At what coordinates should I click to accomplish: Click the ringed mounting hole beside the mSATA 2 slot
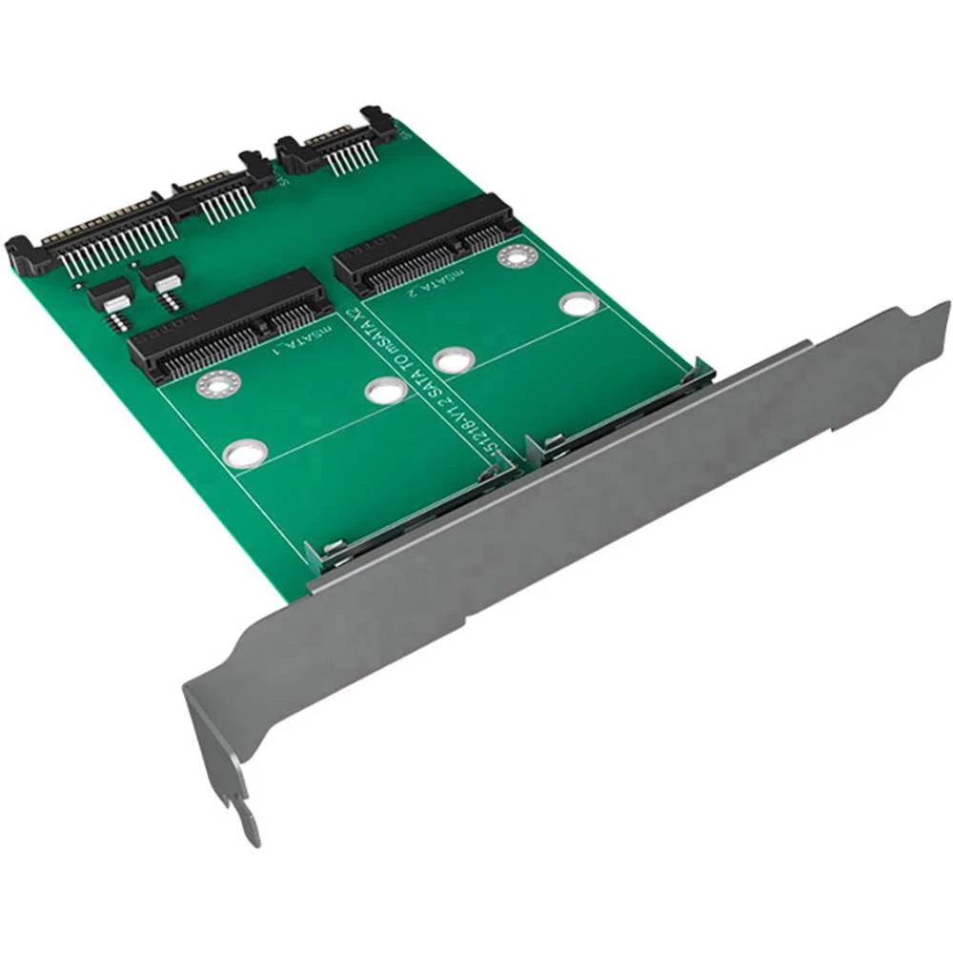(x=514, y=255)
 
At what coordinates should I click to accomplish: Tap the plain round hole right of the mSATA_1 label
(x=384, y=391)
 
